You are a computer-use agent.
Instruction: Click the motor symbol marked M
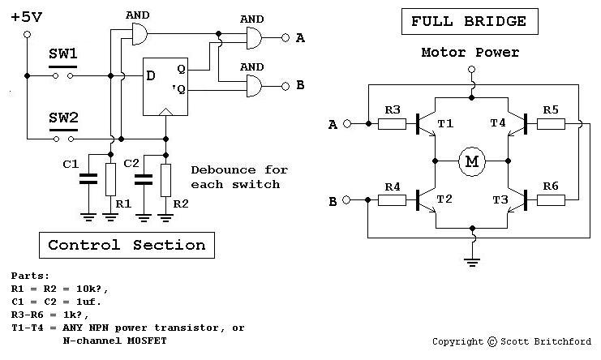[x=471, y=161]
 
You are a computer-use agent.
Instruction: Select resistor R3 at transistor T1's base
[x=392, y=124]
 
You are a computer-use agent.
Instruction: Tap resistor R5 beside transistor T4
[x=551, y=124]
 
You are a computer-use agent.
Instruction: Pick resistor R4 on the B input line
[x=392, y=200]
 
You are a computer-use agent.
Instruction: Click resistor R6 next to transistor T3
[x=551, y=200]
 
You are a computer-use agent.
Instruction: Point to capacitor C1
[x=88, y=179]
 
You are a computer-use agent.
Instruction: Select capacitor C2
[x=144, y=179]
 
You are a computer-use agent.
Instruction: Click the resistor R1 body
[x=110, y=180]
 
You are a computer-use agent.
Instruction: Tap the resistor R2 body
[x=165, y=180]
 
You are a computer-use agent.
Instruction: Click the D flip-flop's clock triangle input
[x=165, y=112]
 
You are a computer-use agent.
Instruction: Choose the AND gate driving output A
[x=254, y=38]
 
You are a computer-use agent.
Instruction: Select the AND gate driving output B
[x=254, y=86]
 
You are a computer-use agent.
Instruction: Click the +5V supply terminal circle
[x=28, y=35]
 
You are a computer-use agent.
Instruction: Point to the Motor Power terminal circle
[x=472, y=69]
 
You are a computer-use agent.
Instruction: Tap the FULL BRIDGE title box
[x=470, y=21]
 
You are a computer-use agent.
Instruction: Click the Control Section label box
[x=127, y=245]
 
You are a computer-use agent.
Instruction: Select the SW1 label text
[x=63, y=54]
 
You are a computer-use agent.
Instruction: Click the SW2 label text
[x=63, y=118]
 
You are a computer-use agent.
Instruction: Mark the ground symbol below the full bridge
[x=472, y=262]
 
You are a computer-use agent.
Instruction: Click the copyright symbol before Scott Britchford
[x=492, y=341]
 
